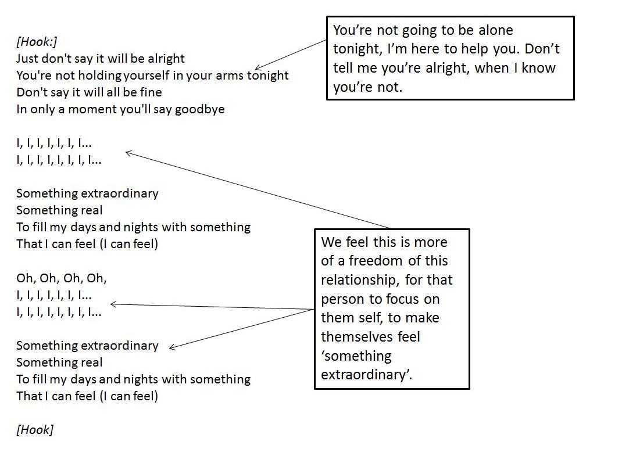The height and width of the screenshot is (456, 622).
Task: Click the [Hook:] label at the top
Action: [37, 42]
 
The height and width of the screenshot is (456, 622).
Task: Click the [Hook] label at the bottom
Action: [35, 430]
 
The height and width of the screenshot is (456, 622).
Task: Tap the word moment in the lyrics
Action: [92, 109]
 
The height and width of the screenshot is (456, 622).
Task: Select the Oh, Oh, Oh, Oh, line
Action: [62, 278]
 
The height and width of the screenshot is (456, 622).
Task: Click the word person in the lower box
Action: [342, 299]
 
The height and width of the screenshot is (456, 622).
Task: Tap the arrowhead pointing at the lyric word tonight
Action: [257, 69]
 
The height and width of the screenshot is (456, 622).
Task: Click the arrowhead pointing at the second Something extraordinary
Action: [171, 349]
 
